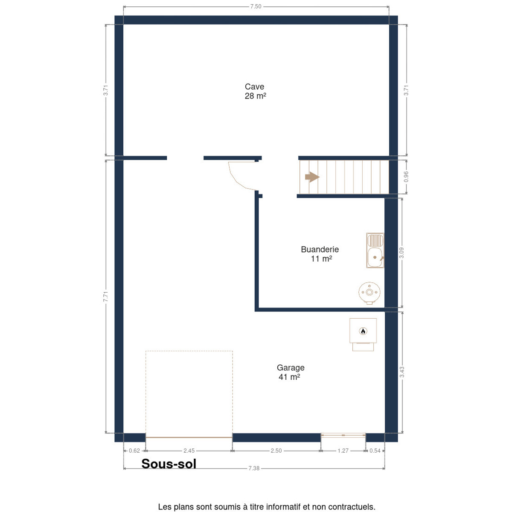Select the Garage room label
point(290,372)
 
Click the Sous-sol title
point(169,464)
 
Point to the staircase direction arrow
point(312,177)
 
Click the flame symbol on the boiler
point(363,331)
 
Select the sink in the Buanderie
point(375,250)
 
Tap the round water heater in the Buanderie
point(369,293)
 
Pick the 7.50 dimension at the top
point(256,7)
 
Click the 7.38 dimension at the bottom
point(254,476)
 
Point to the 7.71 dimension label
point(106,297)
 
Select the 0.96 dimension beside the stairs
point(406,177)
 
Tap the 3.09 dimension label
point(401,253)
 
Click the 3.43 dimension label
point(402,372)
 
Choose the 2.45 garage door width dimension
point(189,451)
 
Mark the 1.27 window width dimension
point(343,451)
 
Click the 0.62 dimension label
point(134,451)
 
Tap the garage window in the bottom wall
point(343,435)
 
